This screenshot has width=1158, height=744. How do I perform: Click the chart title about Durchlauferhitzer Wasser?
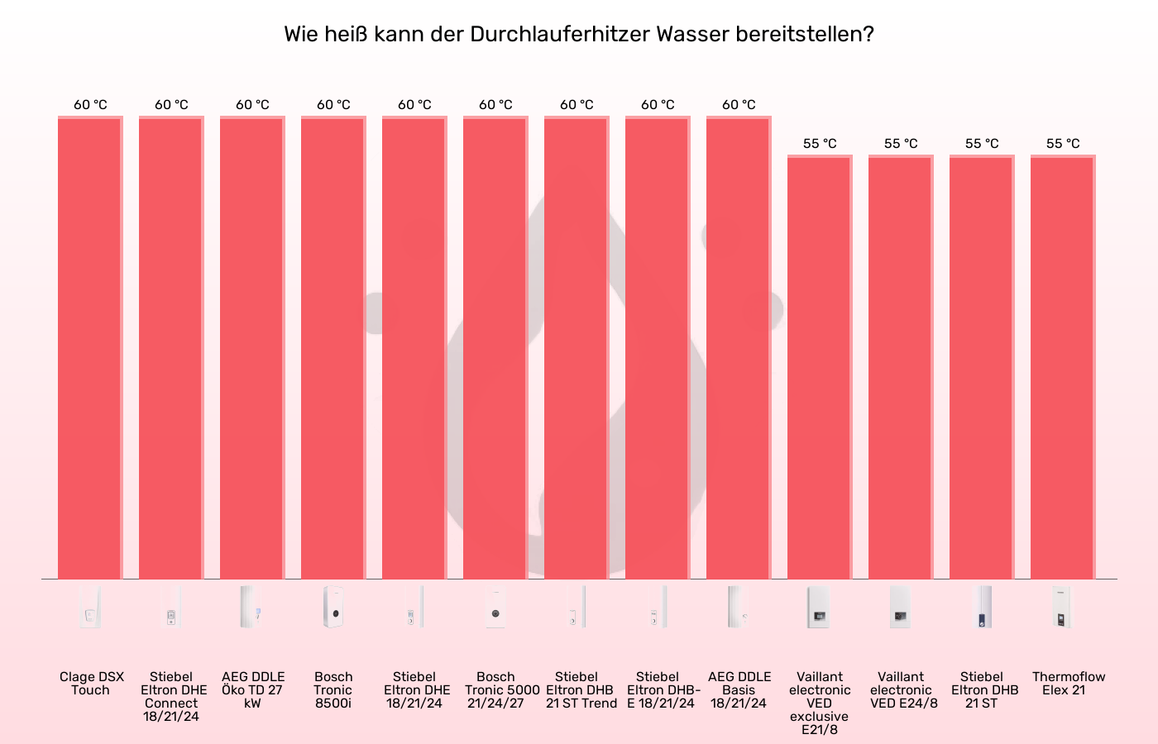pos(579,35)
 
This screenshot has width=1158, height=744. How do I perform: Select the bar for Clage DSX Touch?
pos(90,347)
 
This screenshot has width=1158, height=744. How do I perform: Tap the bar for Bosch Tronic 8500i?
pos(333,347)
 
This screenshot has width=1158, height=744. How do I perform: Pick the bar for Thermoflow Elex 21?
pos(1063,368)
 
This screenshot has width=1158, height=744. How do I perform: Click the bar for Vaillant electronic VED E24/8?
pos(901,368)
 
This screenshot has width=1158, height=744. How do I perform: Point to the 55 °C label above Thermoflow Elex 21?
pos(1063,144)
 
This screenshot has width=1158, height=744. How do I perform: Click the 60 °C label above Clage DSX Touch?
pos(90,105)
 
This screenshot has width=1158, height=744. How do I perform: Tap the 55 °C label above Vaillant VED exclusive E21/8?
pos(820,144)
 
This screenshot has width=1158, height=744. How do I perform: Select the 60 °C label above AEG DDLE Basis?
pos(739,105)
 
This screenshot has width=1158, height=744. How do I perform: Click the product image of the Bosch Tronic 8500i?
pos(333,608)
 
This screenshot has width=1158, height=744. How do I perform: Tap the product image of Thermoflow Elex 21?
pos(1062,608)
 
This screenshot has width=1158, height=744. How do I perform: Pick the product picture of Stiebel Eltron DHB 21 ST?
pos(982,608)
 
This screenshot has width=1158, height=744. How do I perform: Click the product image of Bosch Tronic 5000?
pos(495,608)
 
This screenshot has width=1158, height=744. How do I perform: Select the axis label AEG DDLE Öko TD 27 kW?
pos(252,689)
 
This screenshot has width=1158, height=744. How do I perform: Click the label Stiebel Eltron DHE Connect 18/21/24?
pos(171,696)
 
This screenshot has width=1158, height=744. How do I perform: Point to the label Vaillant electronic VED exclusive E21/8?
pos(820,703)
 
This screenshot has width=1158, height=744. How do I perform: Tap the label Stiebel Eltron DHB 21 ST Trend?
pos(580,689)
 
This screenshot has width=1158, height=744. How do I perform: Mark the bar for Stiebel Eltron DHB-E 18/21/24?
pos(658,347)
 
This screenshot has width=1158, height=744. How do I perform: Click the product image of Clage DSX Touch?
pos(90,608)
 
